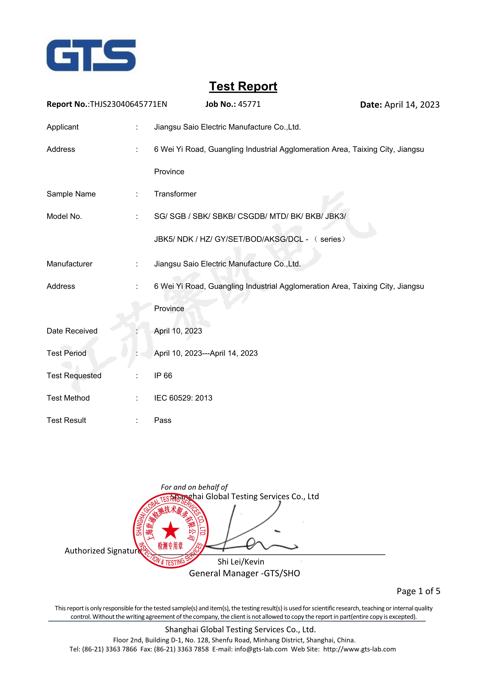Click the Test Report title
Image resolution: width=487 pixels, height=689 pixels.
243,86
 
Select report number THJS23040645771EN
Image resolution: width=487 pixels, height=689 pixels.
128,104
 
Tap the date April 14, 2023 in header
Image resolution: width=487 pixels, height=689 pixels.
412,105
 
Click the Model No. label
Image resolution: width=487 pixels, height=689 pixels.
64,216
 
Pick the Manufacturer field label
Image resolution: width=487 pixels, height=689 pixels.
70,264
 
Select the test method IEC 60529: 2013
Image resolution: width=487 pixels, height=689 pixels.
183,398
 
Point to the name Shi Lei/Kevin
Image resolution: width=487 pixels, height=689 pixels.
241,562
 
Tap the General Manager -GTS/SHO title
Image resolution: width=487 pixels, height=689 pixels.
244,573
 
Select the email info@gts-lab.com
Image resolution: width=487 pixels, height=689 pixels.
261,649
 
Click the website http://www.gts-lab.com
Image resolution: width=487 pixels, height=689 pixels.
360,649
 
